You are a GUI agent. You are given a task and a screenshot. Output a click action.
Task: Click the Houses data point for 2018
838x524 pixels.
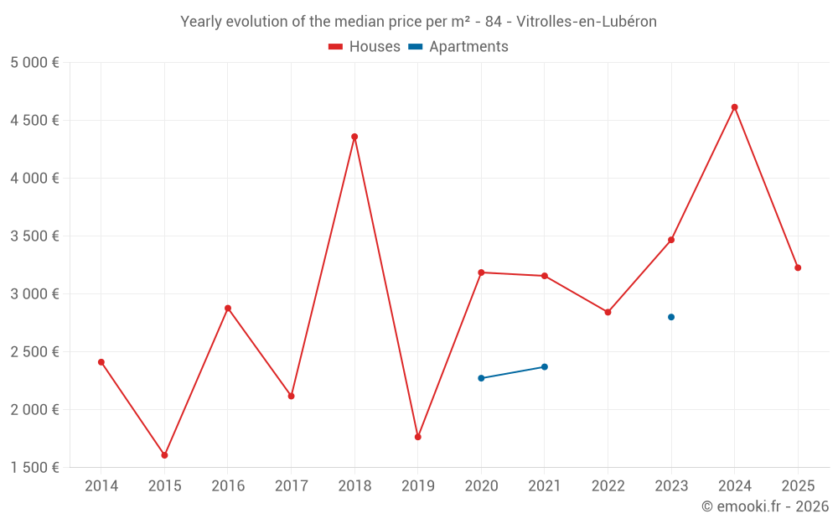tap(354, 137)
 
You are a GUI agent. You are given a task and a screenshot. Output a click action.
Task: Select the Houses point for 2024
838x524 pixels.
tap(735, 107)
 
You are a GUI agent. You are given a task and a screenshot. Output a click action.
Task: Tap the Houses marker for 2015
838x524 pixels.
tap(164, 455)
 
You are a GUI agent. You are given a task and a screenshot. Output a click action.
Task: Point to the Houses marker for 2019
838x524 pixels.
tap(417, 437)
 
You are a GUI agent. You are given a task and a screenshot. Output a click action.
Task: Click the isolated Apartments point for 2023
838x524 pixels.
tap(671, 317)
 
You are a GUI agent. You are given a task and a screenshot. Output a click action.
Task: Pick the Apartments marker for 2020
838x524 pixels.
tap(481, 378)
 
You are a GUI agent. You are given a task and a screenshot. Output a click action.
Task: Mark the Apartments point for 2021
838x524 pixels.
tap(545, 366)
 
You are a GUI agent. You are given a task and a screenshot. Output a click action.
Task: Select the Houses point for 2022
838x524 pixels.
tap(608, 312)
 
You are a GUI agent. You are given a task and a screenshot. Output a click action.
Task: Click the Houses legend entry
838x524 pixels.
tap(365, 47)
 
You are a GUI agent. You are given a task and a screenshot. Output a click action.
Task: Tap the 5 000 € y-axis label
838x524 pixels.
tap(34, 63)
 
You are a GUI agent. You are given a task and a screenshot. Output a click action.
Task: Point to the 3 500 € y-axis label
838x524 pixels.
tap(34, 236)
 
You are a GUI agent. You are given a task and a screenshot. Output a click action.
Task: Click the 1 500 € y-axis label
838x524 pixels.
tap(34, 468)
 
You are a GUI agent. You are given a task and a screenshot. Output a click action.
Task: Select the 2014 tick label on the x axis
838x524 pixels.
tap(101, 485)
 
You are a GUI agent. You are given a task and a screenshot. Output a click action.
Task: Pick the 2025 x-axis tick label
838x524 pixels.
tap(798, 485)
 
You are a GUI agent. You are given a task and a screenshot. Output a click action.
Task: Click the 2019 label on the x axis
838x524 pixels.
tap(417, 485)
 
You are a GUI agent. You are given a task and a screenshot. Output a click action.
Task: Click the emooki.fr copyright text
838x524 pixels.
tap(765, 506)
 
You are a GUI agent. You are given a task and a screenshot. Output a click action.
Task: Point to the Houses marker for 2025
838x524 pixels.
tap(798, 267)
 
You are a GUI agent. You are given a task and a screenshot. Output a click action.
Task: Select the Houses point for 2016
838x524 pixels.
tap(228, 308)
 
